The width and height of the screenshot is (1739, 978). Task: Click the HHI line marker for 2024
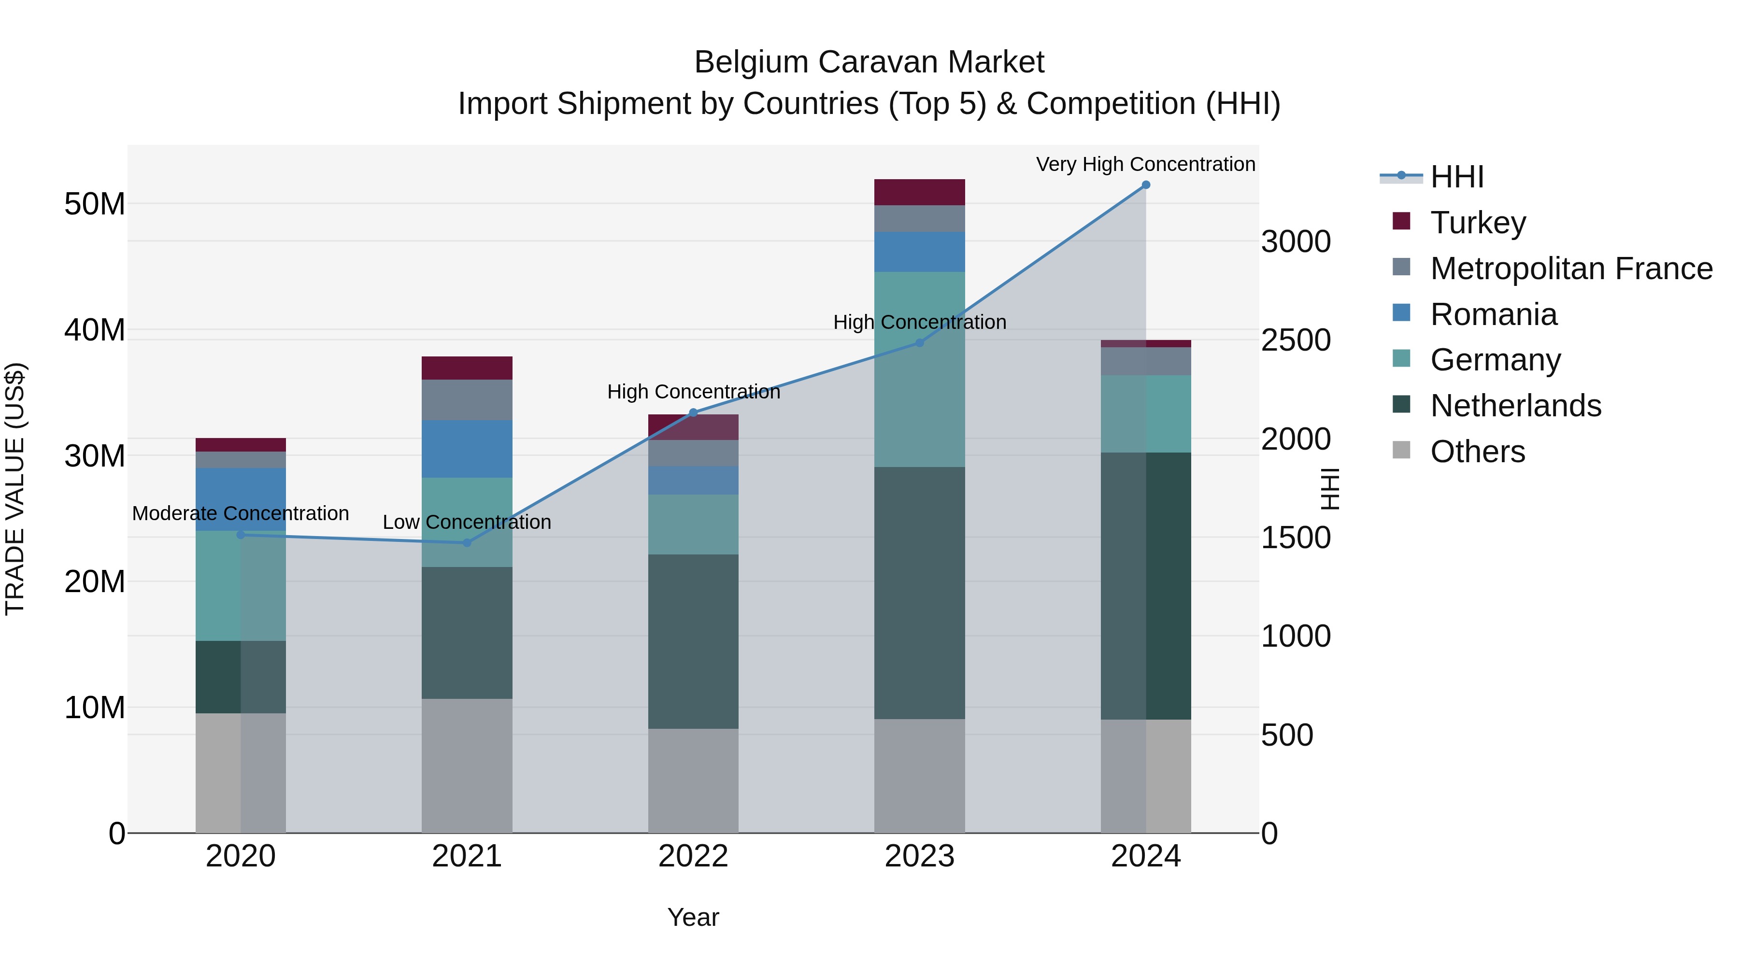[x=1146, y=185]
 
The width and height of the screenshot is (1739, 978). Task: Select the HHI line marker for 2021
[x=467, y=543]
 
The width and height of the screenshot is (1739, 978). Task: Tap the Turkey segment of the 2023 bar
[x=919, y=192]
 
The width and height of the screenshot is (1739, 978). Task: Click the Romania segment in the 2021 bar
[x=467, y=449]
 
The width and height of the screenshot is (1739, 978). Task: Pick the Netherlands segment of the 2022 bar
[x=693, y=641]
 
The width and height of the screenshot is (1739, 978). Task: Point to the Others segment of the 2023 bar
[x=919, y=776]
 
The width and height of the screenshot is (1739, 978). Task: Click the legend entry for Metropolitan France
[x=1571, y=269]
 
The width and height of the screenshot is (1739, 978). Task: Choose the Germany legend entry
[x=1495, y=360]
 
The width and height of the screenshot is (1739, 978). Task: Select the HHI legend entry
[x=1456, y=177]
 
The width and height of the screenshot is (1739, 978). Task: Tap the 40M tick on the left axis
[x=95, y=330]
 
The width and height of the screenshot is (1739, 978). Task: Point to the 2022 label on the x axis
[x=693, y=856]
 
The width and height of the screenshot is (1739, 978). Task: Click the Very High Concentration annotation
[x=1146, y=164]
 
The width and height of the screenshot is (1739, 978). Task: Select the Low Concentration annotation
[x=467, y=523]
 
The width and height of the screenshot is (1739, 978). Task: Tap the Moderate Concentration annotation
[x=241, y=514]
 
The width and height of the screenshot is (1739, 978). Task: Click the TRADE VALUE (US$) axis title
[x=15, y=489]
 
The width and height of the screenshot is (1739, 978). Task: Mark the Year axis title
[x=693, y=917]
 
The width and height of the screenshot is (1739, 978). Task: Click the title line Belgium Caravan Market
[x=869, y=62]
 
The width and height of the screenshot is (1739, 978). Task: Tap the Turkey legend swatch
[x=1401, y=221]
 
